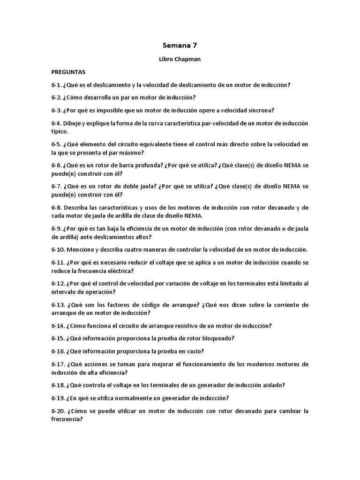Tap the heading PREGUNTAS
(x=68, y=73)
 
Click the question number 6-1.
(x=57, y=85)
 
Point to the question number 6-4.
(x=57, y=123)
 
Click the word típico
(x=60, y=132)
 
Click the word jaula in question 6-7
(x=138, y=187)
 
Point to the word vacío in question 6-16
(x=195, y=351)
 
